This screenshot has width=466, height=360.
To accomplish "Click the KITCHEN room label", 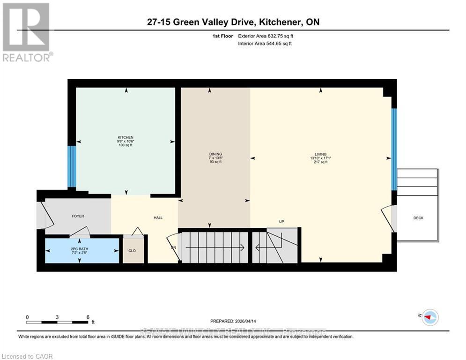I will coord(126,137).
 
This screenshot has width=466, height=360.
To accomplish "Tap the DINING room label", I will coord(215,154).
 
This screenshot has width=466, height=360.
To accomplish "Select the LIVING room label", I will coord(320,154).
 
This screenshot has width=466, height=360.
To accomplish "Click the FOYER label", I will coord(78,216).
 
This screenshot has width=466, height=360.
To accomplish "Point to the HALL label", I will coord(158,217).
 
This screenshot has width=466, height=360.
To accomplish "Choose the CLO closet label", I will coord(132,251).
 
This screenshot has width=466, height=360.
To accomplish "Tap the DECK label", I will coord(418,217).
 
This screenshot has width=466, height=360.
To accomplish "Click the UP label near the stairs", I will coord(281,222).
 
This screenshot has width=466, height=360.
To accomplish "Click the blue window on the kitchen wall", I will coord(71,166).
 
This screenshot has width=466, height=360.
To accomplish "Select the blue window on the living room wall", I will coord(394,149).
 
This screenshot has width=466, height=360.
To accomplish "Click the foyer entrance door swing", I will coord(42,215).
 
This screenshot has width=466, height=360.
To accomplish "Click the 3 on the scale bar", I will coord(57,317).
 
